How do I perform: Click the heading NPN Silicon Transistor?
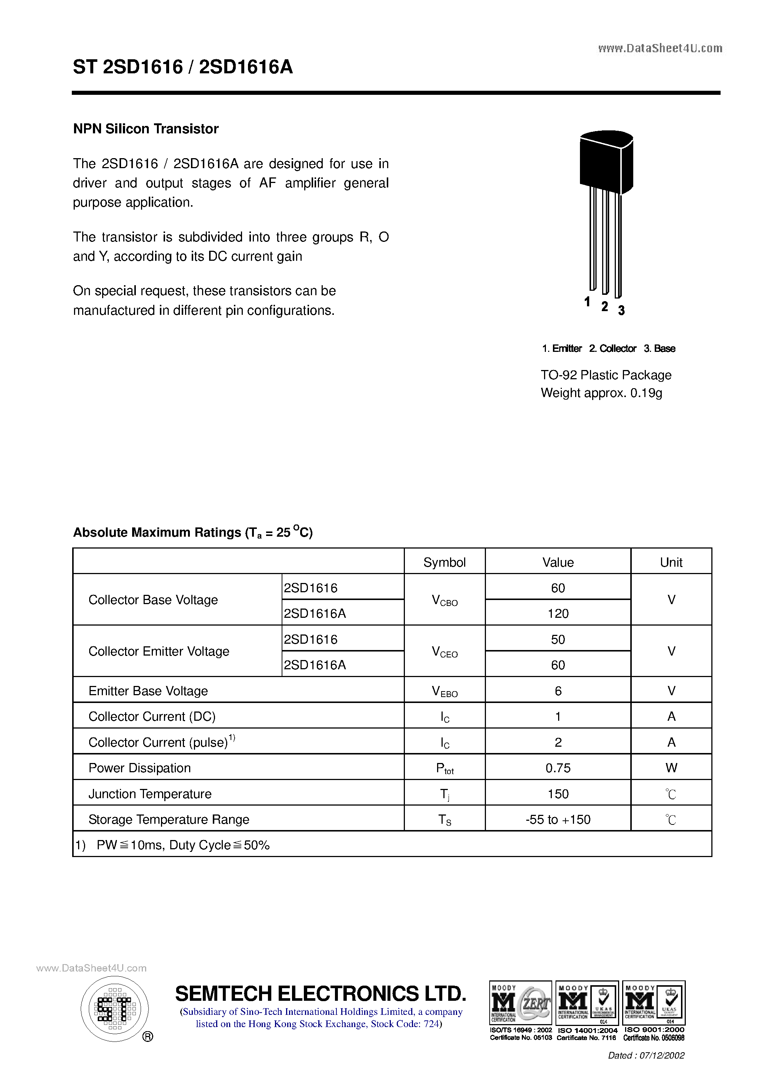[146, 129]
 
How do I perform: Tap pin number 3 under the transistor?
[621, 310]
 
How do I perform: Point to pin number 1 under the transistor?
[587, 301]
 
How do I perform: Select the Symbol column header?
[444, 562]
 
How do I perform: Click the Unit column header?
[671, 562]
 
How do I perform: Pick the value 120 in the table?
[558, 613]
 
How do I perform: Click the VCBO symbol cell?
[444, 600]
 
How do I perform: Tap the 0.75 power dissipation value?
[558, 768]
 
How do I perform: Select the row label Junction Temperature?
[150, 794]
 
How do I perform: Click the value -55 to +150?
[558, 819]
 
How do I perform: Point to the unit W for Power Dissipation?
[671, 768]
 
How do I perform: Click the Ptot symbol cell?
[444, 769]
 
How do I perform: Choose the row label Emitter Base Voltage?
[148, 691]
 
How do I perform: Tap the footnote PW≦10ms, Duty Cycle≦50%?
[183, 845]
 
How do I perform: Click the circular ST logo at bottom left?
[114, 1009]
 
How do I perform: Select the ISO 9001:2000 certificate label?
[654, 1030]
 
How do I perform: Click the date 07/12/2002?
[662, 1056]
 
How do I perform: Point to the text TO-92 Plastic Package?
[606, 375]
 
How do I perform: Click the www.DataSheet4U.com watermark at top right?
[660, 48]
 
